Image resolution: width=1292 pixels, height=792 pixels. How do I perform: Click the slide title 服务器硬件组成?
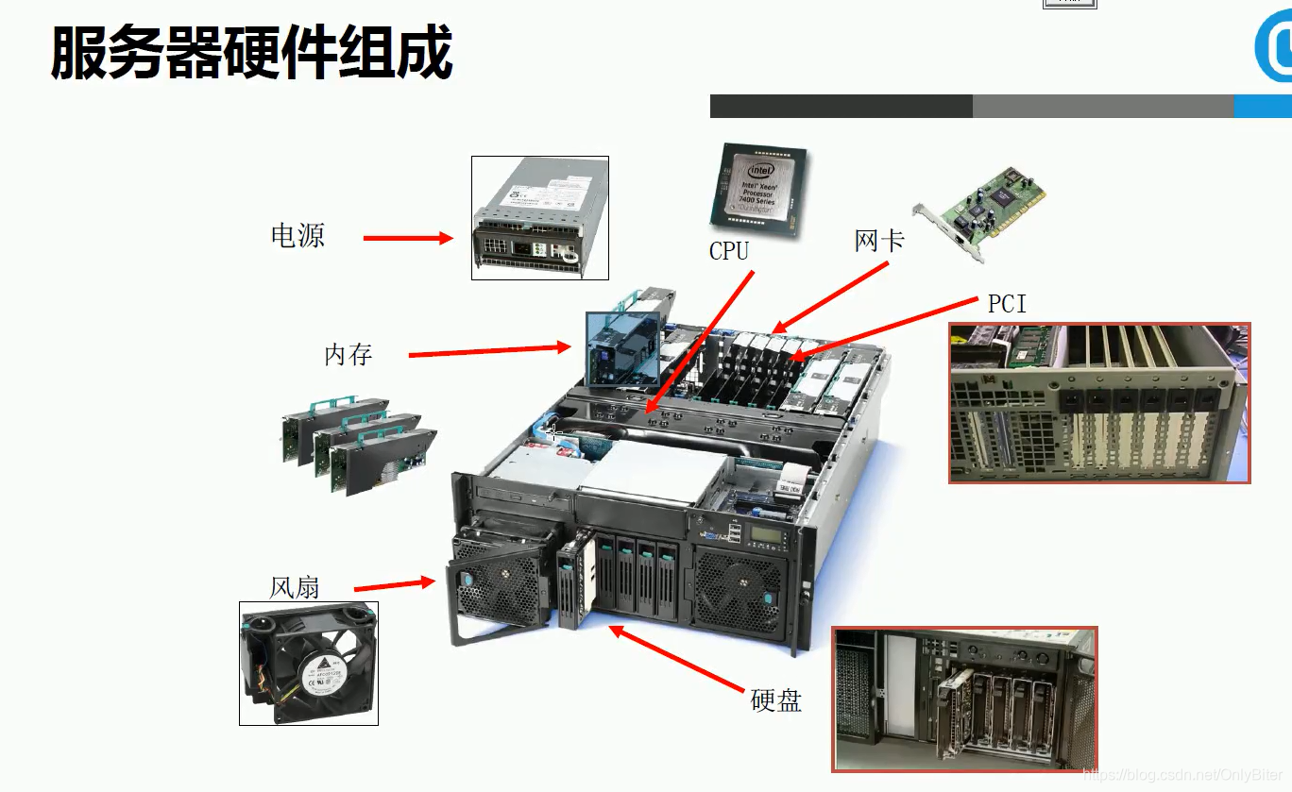click(x=251, y=53)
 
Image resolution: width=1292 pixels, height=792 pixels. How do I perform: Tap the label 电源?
click(x=297, y=235)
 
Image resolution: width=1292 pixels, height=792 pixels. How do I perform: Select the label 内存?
click(x=348, y=355)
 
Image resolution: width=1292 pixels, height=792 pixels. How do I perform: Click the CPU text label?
click(x=729, y=251)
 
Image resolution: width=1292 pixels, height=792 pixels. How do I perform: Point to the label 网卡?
click(x=879, y=241)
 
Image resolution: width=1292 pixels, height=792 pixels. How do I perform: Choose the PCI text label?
click(x=1007, y=304)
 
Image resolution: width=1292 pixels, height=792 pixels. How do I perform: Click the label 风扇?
click(x=295, y=587)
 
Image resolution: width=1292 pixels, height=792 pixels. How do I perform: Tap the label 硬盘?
click(x=775, y=699)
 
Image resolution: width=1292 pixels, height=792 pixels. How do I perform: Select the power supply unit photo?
click(x=540, y=218)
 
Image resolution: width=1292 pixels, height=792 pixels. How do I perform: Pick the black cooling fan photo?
click(x=309, y=663)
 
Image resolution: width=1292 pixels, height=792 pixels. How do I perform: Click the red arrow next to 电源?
click(x=408, y=239)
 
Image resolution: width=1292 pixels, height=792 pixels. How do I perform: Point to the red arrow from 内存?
click(x=489, y=351)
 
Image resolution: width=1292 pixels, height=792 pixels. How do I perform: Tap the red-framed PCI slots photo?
click(x=1099, y=403)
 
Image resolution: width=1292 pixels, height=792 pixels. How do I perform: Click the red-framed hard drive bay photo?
click(x=964, y=698)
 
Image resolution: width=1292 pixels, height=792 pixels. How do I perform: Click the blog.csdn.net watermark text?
click(x=1184, y=775)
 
